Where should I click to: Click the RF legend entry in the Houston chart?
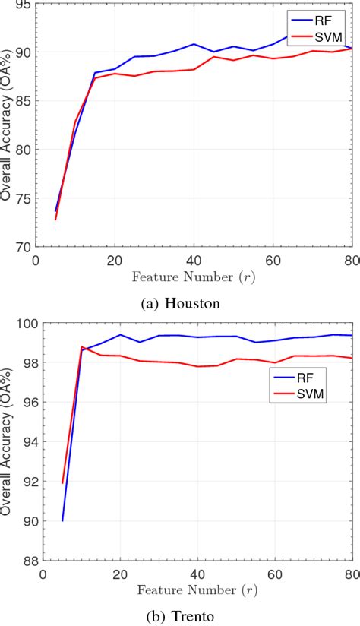point(320,21)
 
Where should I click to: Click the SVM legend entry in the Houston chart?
point(320,36)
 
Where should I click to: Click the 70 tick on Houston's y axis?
point(24,247)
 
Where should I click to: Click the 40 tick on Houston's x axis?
point(193,260)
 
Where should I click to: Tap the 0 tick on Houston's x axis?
point(36,260)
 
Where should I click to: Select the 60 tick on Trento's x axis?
point(274,575)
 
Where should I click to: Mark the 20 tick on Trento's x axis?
point(120,575)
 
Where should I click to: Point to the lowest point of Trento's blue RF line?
point(62,520)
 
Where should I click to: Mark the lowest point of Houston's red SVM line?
point(55,219)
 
